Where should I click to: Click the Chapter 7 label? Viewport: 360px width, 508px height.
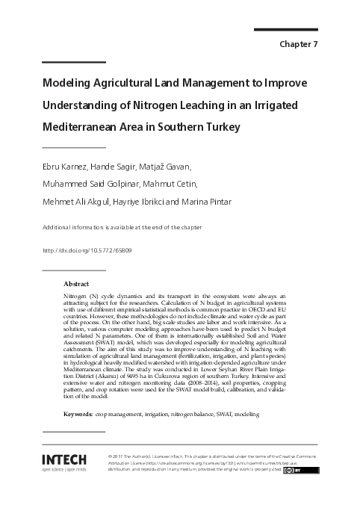(x=299, y=44)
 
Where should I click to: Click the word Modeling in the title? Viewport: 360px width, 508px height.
(x=68, y=82)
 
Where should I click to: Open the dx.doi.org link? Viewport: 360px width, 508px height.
(x=87, y=251)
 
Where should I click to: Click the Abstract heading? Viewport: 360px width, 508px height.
(x=76, y=285)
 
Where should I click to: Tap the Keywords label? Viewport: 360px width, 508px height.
(x=78, y=412)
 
